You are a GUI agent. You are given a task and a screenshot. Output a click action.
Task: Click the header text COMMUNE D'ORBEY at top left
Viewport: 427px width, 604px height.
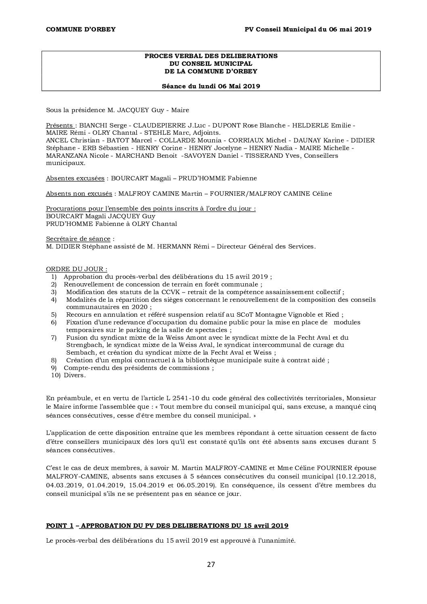click(x=81, y=29)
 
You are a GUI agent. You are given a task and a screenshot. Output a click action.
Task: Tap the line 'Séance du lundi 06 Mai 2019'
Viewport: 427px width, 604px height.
click(x=211, y=86)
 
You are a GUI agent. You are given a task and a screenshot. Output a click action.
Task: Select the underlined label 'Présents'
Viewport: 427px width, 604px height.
click(x=59, y=125)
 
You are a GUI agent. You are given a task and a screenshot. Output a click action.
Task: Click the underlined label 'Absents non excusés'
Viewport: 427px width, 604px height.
click(x=79, y=193)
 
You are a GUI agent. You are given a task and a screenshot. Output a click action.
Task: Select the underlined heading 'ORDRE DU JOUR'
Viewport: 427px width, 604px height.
click(x=76, y=269)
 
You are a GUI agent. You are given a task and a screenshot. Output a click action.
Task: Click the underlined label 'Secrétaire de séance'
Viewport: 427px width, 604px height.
click(x=78, y=238)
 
